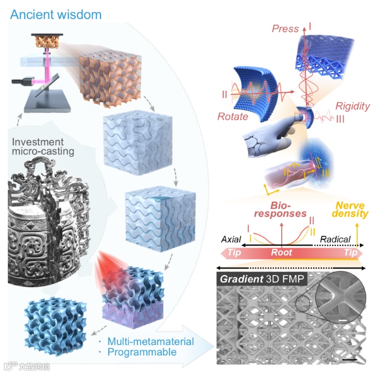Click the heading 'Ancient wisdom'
coord(55,14)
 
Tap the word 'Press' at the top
coord(285,29)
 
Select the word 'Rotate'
coord(232,116)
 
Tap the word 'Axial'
coord(231,239)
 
